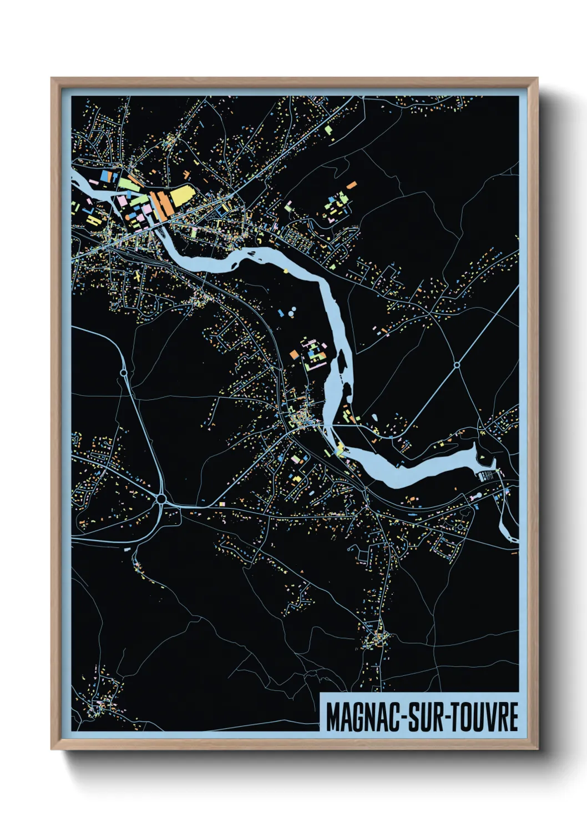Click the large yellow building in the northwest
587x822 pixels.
[x=181, y=196]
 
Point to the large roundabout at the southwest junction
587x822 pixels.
[x=161, y=499]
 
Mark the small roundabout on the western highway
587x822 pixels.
[x=123, y=373]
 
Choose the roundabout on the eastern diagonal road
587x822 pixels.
[x=456, y=365]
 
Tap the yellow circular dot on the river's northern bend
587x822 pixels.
[x=286, y=271]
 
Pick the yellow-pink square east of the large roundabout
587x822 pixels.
[x=222, y=504]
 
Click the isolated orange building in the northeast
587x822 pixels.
[x=351, y=185]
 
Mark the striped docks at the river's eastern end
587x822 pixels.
[x=487, y=475]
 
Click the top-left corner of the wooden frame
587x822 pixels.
[x=52, y=79]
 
